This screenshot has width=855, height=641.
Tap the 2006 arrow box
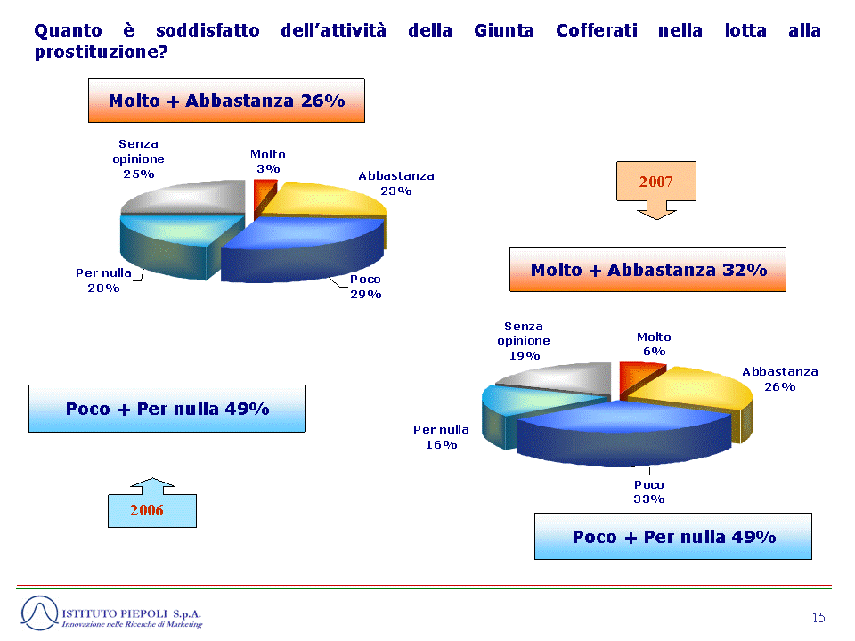tap(152, 503)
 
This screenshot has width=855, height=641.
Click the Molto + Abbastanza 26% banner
tap(226, 101)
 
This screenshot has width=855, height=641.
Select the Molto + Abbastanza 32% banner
tap(647, 270)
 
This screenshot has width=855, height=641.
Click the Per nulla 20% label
tap(103, 280)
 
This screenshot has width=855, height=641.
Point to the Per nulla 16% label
tap(441, 437)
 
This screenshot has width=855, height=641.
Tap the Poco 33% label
tap(649, 491)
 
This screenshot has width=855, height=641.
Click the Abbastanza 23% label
tap(396, 183)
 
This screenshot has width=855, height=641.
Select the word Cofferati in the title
tap(597, 30)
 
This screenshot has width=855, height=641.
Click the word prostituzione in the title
tap(102, 53)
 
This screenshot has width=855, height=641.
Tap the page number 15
tap(818, 618)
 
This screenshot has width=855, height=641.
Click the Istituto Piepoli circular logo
tap(39, 613)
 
